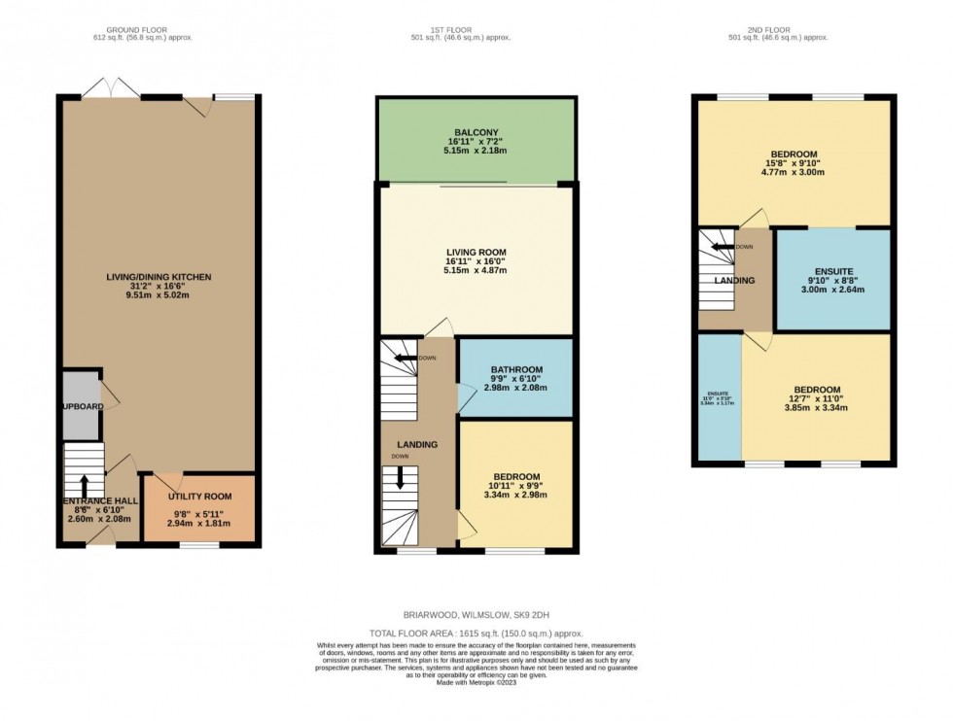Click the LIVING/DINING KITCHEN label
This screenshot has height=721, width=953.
[159, 277]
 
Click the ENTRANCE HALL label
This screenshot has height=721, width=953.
[100, 500]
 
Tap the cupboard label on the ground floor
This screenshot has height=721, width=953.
[83, 406]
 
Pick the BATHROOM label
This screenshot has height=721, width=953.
[515, 370]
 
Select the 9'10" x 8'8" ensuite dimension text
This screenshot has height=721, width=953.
[831, 281]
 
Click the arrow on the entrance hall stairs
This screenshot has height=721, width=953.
[84, 483]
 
